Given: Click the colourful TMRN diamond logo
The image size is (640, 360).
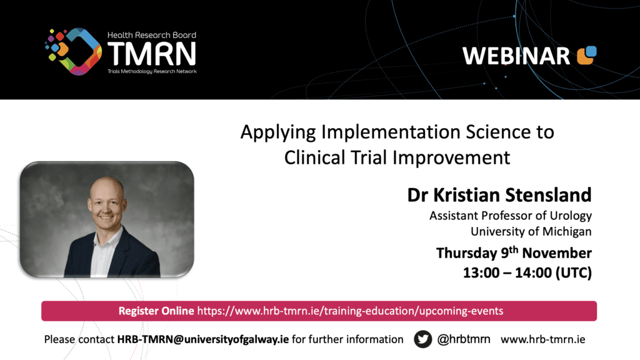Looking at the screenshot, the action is pyautogui.click(x=73, y=51).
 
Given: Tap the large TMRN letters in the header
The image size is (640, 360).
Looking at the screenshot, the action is pyautogui.click(x=152, y=54).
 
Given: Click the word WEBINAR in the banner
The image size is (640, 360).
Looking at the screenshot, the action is pyautogui.click(x=516, y=56).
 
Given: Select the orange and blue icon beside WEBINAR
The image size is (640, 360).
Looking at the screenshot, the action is pyautogui.click(x=586, y=55).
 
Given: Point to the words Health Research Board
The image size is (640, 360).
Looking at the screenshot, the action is pyautogui.click(x=152, y=35).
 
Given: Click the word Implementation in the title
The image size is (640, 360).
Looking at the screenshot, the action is pyautogui.click(x=391, y=132).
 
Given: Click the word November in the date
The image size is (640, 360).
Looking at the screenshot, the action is pyautogui.click(x=557, y=253).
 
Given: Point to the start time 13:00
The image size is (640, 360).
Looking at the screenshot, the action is pyautogui.click(x=481, y=272).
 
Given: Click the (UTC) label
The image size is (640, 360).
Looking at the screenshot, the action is pyautogui.click(x=574, y=272).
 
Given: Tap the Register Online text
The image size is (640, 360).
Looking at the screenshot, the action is pyautogui.click(x=156, y=311).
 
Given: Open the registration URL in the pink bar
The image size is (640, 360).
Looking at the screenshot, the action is pyautogui.click(x=350, y=311).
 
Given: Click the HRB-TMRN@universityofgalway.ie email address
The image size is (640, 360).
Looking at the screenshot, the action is pyautogui.click(x=203, y=339).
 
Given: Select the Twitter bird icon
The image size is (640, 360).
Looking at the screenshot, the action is pyautogui.click(x=423, y=339).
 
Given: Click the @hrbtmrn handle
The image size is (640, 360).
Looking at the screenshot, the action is pyautogui.click(x=464, y=339).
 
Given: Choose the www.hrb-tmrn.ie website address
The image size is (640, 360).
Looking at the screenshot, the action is pyautogui.click(x=543, y=339).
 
